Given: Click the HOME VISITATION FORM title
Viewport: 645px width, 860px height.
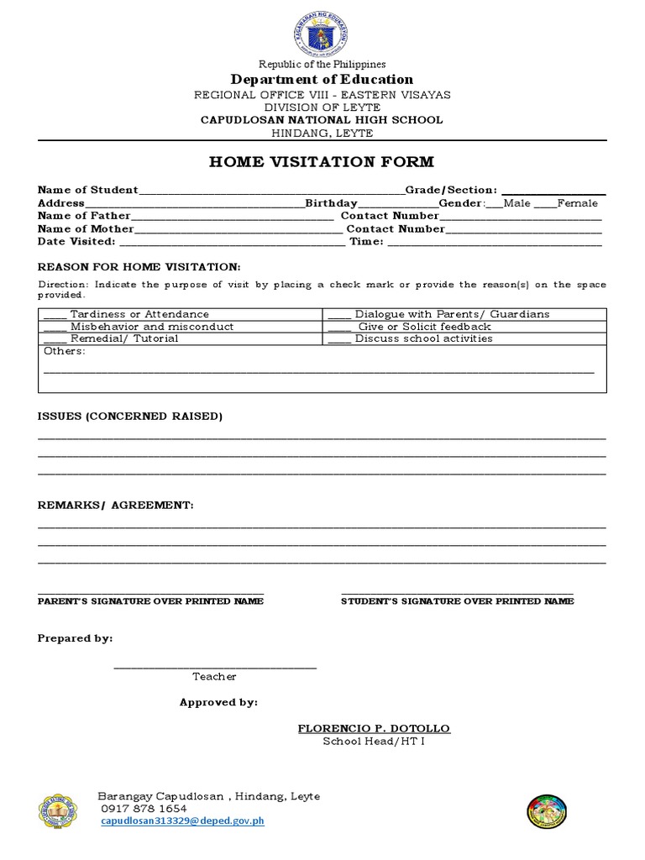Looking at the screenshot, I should click(322, 162).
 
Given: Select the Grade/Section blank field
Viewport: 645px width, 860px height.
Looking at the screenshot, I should click(553, 192).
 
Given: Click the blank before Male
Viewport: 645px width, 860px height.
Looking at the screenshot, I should click(494, 205).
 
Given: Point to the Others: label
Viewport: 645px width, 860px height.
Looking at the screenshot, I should click(64, 351).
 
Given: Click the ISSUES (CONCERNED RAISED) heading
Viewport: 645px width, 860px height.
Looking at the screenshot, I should click(130, 417).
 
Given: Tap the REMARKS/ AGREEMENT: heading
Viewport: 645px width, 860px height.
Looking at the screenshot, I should click(116, 506).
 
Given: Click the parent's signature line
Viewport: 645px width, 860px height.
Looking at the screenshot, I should click(151, 593).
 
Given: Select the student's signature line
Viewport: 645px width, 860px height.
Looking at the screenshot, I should click(458, 593).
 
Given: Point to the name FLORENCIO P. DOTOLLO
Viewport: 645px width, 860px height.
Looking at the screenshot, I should click(374, 728).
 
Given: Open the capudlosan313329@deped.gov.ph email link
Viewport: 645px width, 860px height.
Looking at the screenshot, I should click(182, 821).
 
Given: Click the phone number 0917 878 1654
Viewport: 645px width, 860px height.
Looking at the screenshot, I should click(144, 809).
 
